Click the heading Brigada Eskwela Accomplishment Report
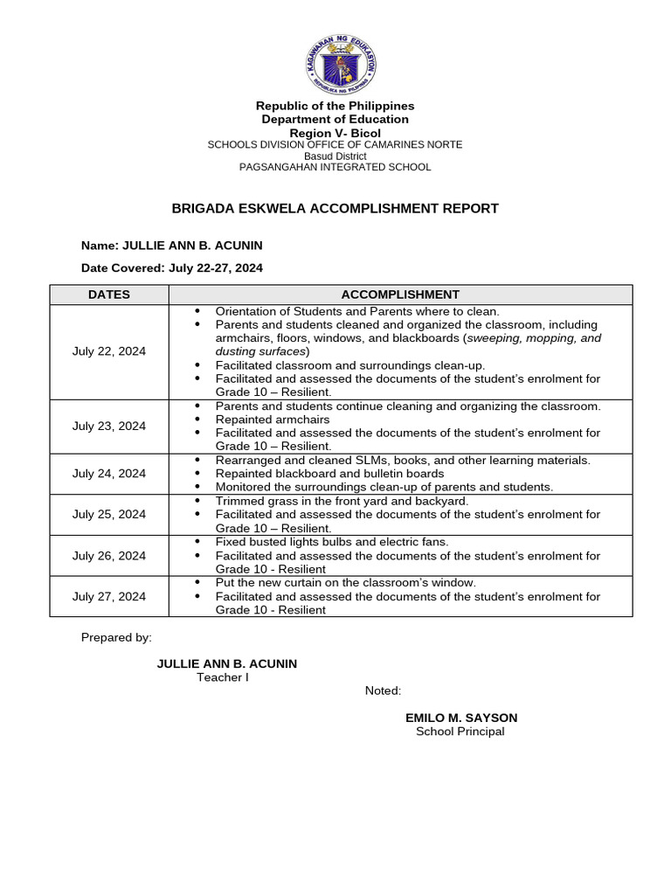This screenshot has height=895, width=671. coord(335,208)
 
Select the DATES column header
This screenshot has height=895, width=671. coord(109,295)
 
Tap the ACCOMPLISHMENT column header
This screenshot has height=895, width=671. coord(400,295)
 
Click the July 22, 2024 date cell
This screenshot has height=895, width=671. coord(109,351)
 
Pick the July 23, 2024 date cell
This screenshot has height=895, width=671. coord(109,427)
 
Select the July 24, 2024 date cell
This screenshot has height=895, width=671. coord(109,474)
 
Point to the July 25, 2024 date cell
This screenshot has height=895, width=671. coord(109,515)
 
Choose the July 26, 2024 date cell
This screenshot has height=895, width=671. coord(109,556)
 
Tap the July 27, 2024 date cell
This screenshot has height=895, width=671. coord(109,597)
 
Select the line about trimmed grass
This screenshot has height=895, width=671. coord(342,501)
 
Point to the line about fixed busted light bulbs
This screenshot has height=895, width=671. coord(332,542)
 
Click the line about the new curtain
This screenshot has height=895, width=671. coord(345,582)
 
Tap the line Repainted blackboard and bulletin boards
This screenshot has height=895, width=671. coord(329,474)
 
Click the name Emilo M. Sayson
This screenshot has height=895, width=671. coord(460,718)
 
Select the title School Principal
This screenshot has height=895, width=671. coord(460,732)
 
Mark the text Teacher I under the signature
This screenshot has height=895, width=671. coord(222,677)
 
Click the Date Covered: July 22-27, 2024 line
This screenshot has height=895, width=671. coord(172,268)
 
